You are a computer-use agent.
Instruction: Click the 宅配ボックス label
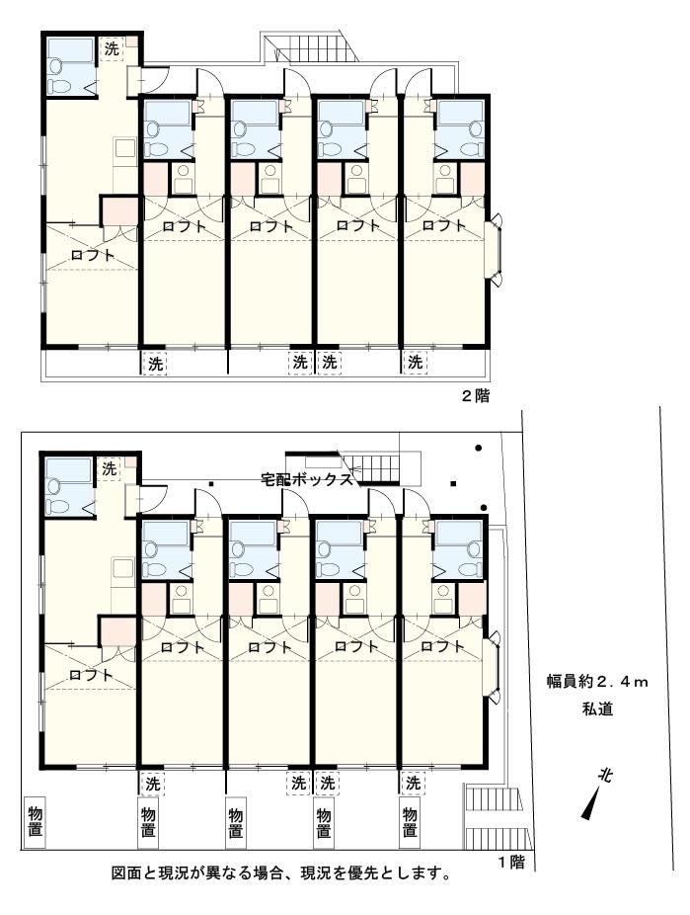(x=307, y=479)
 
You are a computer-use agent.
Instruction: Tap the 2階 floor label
(x=476, y=396)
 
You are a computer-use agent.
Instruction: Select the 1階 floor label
(x=511, y=862)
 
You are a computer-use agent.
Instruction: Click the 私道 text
(x=597, y=708)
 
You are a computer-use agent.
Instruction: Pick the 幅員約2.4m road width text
(x=597, y=681)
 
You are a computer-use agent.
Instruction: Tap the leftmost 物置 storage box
(x=35, y=822)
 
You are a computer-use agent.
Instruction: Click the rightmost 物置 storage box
(x=410, y=822)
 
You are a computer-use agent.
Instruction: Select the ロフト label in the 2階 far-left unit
(x=92, y=255)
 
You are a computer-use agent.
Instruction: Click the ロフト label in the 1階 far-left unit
(x=91, y=675)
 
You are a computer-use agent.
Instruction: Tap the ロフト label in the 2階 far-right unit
(x=444, y=225)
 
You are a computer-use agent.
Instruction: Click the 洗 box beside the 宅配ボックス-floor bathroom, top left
(x=110, y=468)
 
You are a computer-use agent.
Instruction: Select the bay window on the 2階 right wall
(x=495, y=250)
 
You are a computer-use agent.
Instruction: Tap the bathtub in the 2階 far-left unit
(x=70, y=51)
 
